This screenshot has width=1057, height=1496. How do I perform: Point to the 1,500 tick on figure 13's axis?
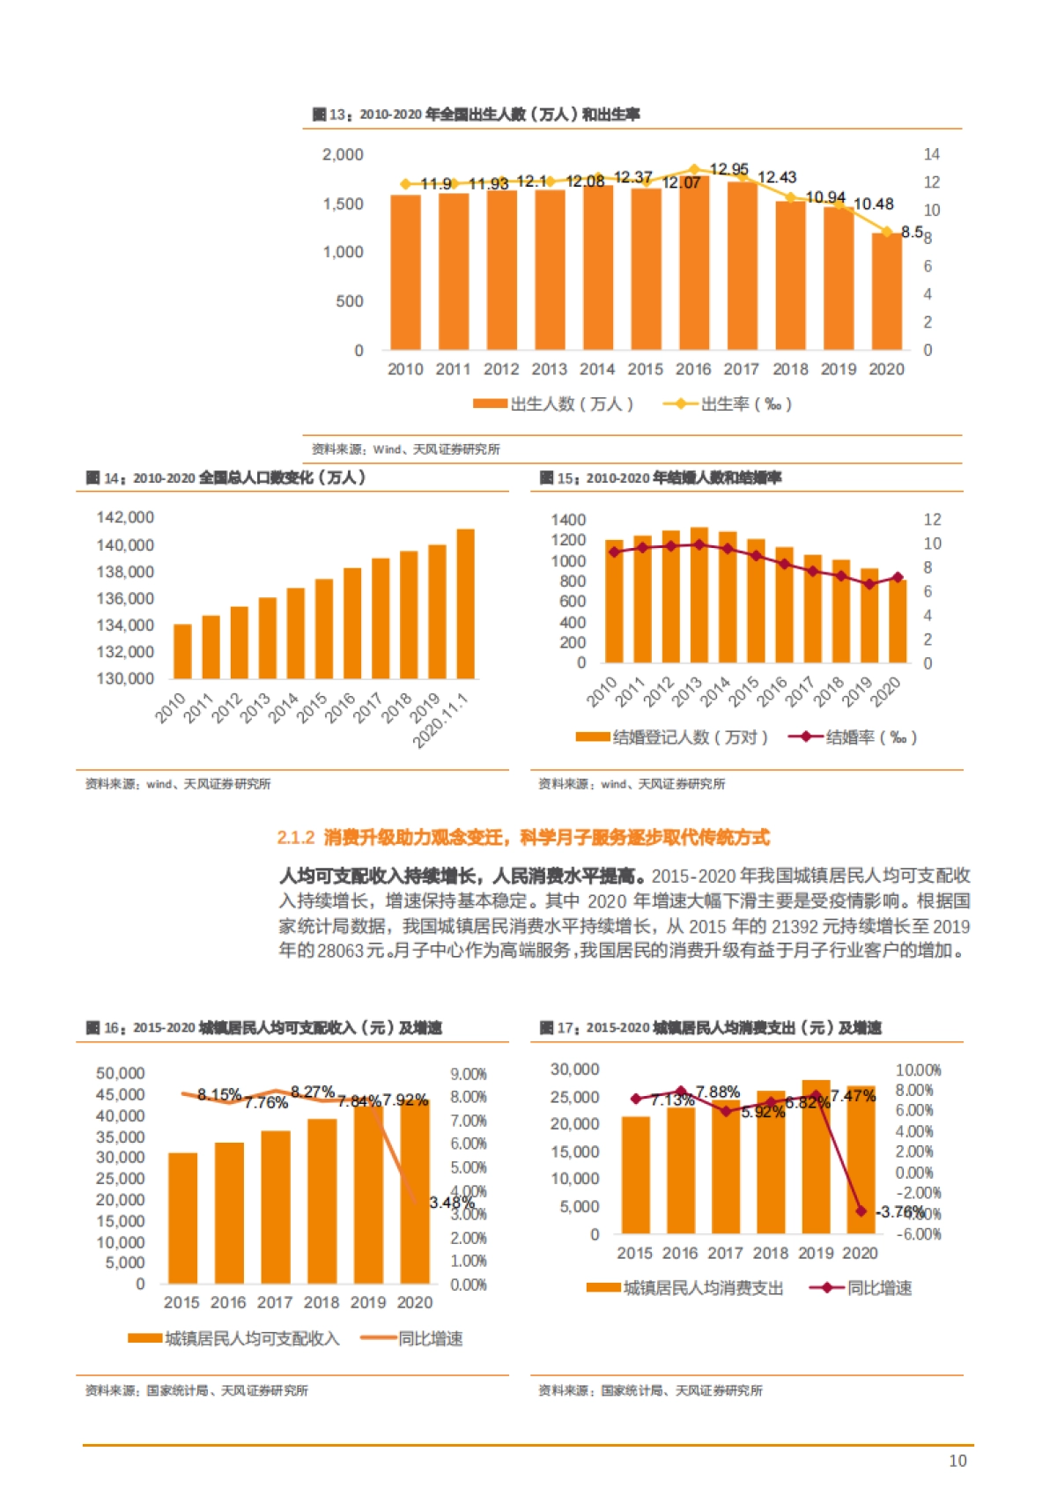point(343,204)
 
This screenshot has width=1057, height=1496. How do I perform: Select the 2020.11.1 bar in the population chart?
point(465,604)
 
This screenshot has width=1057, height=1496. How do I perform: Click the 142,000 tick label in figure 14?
point(125,517)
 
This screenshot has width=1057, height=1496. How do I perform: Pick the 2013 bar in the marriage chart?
point(699,596)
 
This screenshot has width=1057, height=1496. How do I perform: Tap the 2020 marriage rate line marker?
point(898,578)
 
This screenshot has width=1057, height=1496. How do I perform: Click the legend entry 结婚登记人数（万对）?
point(672,737)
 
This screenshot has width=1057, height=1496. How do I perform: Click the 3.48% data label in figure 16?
point(452,1203)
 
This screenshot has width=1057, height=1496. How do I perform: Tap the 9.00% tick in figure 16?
point(468,1074)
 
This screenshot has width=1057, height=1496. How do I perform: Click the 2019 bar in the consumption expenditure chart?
point(816,1157)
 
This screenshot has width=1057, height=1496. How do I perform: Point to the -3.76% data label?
point(898,1211)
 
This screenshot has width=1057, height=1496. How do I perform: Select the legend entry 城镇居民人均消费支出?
point(685,1288)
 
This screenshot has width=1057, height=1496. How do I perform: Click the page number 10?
point(957,1461)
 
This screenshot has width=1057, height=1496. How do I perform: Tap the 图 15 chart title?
point(660,478)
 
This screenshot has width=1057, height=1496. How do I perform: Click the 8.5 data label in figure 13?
point(912,232)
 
